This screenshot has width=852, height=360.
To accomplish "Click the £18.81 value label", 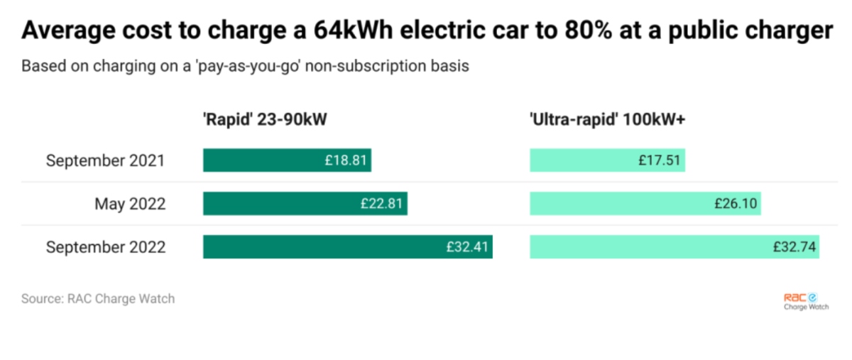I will (346, 160).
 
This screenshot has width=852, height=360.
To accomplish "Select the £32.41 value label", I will (467, 247).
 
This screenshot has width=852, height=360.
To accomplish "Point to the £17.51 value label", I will (660, 160).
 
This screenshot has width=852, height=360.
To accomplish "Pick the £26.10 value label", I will (736, 204).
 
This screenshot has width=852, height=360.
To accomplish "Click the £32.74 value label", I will (794, 247).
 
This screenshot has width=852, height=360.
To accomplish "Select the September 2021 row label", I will (105, 160).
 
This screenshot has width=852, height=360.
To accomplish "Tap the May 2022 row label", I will (130, 204).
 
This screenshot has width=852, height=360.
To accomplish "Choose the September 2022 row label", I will (105, 247).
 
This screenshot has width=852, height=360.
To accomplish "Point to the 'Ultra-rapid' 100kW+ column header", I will (607, 120).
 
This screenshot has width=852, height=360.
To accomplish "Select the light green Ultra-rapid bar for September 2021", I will (582, 160).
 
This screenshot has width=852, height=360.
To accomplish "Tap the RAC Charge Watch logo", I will (805, 302).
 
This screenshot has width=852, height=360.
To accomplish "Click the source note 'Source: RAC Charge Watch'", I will (97, 298).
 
